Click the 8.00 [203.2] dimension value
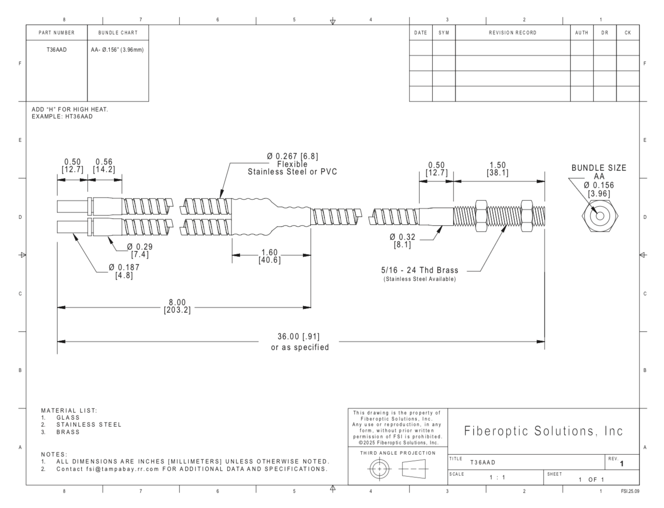tap(177, 306)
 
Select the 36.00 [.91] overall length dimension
tap(299, 337)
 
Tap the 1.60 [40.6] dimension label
tap(270, 256)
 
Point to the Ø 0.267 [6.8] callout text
tap(293, 156)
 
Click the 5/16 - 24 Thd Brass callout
tap(419, 270)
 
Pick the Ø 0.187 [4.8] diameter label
tap(124, 271)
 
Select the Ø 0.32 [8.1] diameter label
tap(402, 241)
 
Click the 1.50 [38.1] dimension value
tap(497, 169)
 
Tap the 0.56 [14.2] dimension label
tap(104, 165)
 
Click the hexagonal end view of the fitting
tap(600, 216)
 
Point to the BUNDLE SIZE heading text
tap(599, 168)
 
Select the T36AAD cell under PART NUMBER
tap(56, 49)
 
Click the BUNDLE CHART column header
tap(118, 33)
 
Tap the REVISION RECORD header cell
tap(512, 33)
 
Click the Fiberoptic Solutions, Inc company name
tap(543, 431)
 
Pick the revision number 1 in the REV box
tap(622, 464)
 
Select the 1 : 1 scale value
tap(497, 478)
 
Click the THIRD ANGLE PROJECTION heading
tap(398, 453)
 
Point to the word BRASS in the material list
tap(68, 432)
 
